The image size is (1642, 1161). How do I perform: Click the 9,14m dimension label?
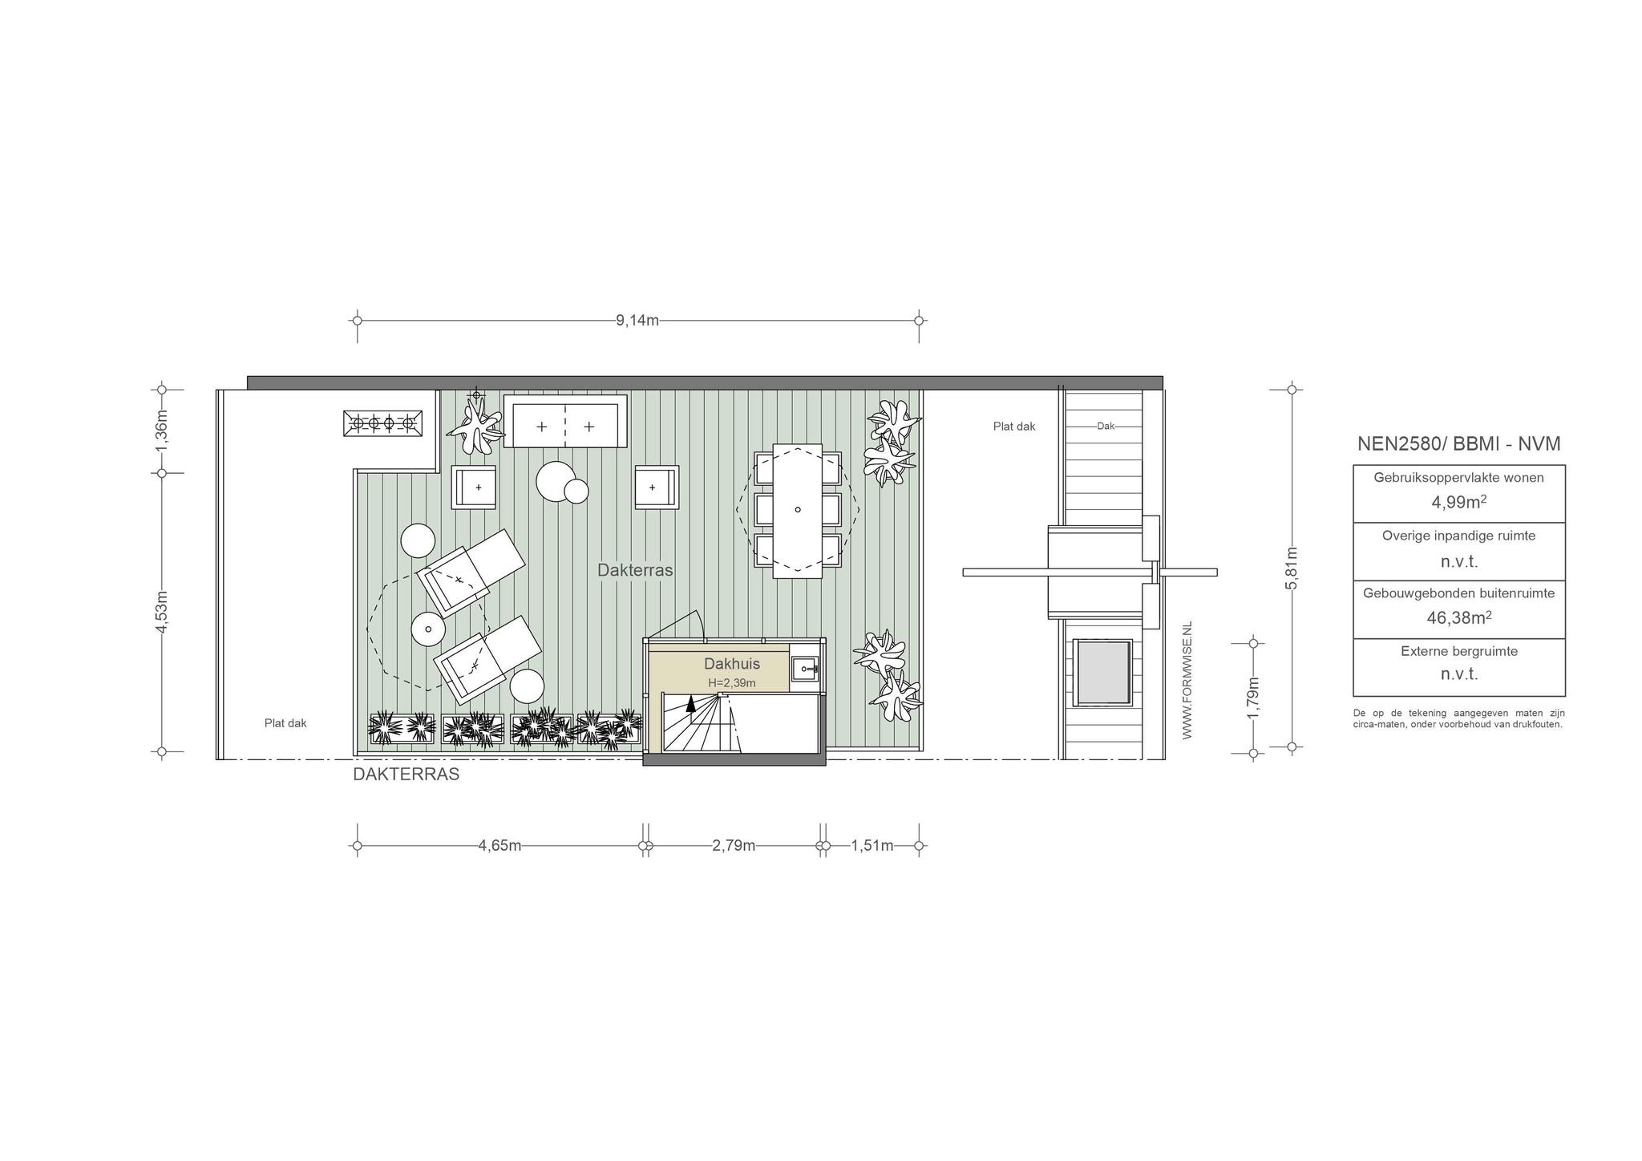coord(637,321)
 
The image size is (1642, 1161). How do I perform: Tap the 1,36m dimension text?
coord(162,431)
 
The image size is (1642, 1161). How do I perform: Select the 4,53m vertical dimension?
coord(162,613)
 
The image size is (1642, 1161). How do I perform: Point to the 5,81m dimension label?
coord(1292,568)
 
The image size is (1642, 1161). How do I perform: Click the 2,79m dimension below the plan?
coord(734,846)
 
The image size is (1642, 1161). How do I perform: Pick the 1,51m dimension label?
coord(872,846)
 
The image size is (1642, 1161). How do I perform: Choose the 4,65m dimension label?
coord(499,846)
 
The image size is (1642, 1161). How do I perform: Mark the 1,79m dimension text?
coord(1254,698)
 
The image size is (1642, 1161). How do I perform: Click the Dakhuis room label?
coord(732,664)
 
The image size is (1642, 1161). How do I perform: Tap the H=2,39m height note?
coord(732,683)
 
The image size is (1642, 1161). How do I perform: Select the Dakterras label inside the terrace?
coord(635,570)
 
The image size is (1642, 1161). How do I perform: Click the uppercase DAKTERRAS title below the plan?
coord(406,775)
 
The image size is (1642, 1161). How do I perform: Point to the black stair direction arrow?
coord(690,705)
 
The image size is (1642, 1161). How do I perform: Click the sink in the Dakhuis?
coord(804,668)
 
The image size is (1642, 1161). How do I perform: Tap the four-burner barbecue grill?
coord(383,423)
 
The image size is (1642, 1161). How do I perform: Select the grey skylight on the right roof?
coord(1103,672)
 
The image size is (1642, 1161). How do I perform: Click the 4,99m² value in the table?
coord(1459,502)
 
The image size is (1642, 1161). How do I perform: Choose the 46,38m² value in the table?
coord(1459,617)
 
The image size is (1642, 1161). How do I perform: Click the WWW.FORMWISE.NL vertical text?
coord(1187,680)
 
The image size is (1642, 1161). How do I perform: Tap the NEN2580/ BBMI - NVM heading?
coord(1459,444)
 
